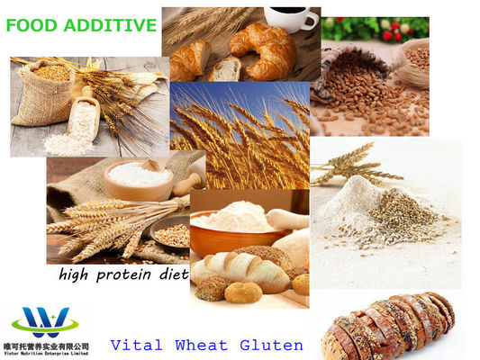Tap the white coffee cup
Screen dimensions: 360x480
(292, 18)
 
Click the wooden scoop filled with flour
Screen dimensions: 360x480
(84, 118)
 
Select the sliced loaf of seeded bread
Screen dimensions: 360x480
(389, 327)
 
